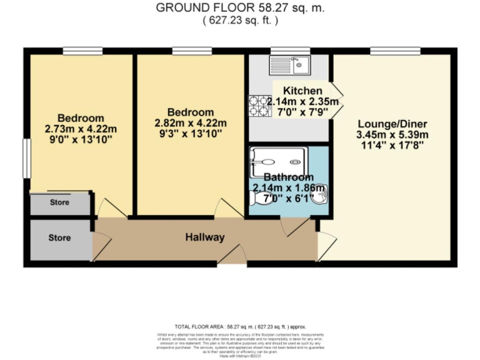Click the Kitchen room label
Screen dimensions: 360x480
302,91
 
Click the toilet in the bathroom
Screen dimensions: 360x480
256,198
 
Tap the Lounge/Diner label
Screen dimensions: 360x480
391,123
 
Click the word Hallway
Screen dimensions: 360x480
204,237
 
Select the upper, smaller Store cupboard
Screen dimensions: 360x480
60,203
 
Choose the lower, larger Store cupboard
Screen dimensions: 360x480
59,238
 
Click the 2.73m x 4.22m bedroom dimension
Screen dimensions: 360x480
81,130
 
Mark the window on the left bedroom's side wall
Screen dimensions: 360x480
27,157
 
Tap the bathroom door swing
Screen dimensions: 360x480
294,227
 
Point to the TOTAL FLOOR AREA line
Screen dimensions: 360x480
240,327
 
